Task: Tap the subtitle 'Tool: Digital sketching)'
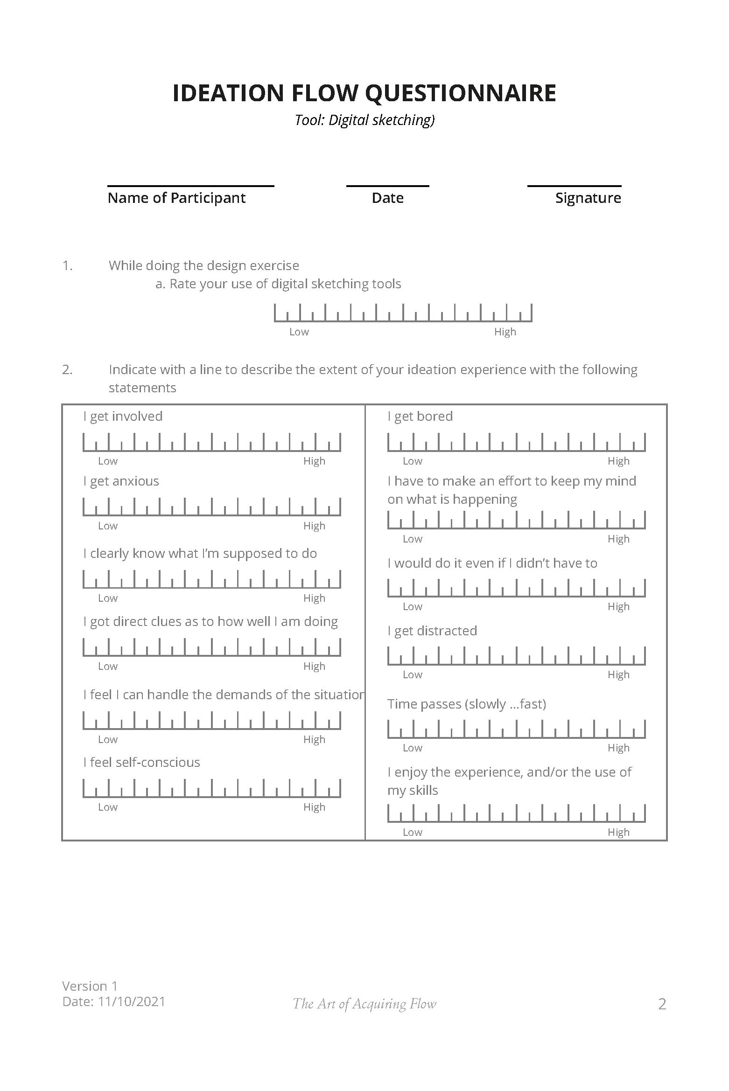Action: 364,120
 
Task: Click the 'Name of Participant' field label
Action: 176,198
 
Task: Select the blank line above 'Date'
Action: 387,186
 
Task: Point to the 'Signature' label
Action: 588,198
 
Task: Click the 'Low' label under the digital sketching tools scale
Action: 299,332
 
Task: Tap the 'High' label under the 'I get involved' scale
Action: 314,461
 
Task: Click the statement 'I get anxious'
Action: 121,481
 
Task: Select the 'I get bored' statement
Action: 420,417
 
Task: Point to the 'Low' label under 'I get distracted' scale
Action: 413,675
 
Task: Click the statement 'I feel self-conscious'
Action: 141,763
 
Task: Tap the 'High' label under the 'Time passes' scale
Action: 618,748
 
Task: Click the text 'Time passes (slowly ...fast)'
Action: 467,704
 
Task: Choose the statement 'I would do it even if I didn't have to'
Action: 492,563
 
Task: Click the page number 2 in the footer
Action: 662,1004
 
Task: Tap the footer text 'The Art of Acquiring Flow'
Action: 364,1004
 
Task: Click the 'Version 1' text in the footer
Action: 90,986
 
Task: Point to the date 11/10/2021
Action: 132,1002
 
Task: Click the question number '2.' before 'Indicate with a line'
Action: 67,370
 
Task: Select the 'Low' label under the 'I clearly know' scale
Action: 108,598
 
